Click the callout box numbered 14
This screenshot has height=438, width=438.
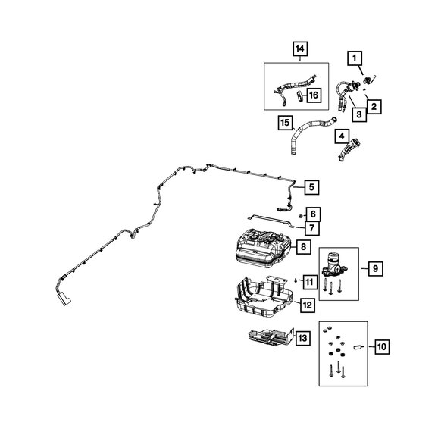[x=300, y=49]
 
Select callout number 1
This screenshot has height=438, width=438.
[x=355, y=58]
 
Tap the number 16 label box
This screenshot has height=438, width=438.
[x=314, y=95]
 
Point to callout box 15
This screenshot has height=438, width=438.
[x=285, y=123]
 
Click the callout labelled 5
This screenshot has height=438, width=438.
[x=311, y=187]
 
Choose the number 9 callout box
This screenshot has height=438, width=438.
[x=375, y=269]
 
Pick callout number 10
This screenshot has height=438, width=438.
[x=382, y=347]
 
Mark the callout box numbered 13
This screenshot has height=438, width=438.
[x=303, y=338]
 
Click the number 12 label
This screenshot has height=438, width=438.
[x=307, y=305]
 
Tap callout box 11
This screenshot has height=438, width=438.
[x=310, y=282]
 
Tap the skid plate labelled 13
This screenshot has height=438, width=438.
[x=271, y=336]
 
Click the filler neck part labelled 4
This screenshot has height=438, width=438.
[x=349, y=149]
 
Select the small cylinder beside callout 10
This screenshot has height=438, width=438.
[x=358, y=347]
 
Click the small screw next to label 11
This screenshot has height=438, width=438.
[x=296, y=280]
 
